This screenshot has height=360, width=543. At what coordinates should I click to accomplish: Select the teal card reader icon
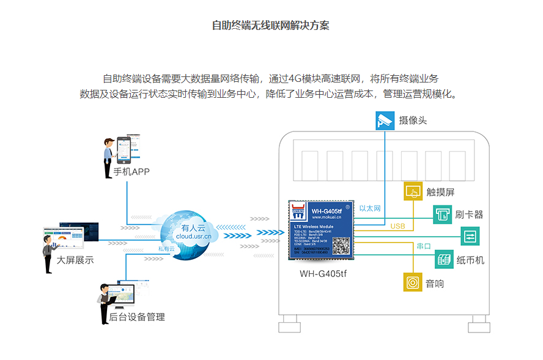[442, 215]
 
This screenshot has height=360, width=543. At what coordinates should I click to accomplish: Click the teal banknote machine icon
[444, 260]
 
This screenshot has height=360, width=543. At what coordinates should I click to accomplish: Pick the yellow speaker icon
[413, 283]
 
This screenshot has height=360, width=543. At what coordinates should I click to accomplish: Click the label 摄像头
[413, 120]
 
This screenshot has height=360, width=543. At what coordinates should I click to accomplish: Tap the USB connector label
[397, 226]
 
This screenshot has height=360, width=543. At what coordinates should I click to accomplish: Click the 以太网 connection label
[370, 208]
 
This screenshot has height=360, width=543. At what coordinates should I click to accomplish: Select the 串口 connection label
[424, 246]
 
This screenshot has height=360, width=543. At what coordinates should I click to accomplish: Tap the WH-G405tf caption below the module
[323, 273]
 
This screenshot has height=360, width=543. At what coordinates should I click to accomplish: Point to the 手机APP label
[131, 171]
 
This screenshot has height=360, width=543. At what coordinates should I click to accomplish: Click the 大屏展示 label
[75, 260]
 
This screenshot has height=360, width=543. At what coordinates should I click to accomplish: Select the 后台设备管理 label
[136, 317]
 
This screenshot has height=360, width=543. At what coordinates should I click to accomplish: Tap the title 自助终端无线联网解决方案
[271, 26]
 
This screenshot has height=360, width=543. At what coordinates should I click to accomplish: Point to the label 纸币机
[470, 260]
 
